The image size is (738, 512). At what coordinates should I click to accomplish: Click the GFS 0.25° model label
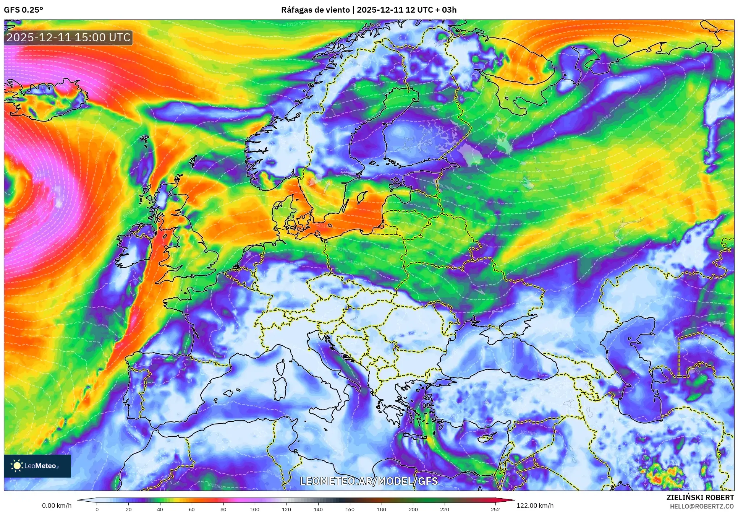point(23,10)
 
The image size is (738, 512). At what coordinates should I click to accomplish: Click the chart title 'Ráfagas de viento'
point(315,10)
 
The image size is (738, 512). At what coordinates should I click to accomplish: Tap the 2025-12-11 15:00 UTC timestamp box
point(68,37)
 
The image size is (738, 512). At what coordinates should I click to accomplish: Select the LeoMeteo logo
point(37,466)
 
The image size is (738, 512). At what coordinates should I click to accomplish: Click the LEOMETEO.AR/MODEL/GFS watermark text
point(369,481)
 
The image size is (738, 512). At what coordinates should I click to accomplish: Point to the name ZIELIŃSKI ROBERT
point(700,497)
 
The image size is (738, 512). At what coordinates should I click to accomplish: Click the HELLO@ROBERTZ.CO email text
point(701,506)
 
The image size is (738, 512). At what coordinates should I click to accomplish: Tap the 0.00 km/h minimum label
point(57,505)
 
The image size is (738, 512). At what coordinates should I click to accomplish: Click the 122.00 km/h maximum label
point(534,505)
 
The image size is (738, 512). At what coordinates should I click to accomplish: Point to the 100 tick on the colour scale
point(254,509)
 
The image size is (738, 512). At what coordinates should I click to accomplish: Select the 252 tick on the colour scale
point(495,509)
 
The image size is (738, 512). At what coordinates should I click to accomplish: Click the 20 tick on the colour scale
point(128,509)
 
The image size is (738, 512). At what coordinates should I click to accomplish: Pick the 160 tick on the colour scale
point(350,509)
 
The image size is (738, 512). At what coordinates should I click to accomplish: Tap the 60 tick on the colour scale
point(191,509)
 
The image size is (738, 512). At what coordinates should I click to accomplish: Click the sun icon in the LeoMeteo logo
point(17,465)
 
